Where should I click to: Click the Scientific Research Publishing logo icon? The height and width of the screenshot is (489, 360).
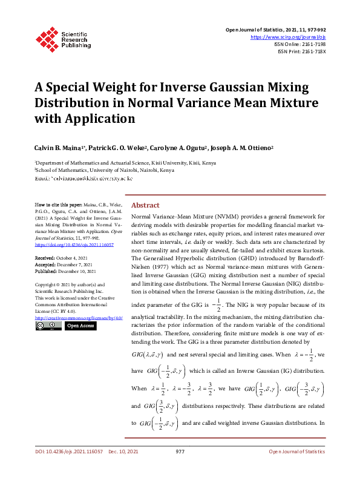pos(47,38)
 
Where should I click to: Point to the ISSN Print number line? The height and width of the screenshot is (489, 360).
pos(301,51)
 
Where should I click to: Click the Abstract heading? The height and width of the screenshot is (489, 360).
pos(145,205)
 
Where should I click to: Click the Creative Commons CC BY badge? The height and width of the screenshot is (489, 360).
pos(48,326)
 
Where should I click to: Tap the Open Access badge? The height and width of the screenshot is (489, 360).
pos(80,326)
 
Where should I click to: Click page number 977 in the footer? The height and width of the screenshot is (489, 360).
pos(180,468)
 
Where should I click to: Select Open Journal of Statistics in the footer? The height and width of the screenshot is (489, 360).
pos(296,468)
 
